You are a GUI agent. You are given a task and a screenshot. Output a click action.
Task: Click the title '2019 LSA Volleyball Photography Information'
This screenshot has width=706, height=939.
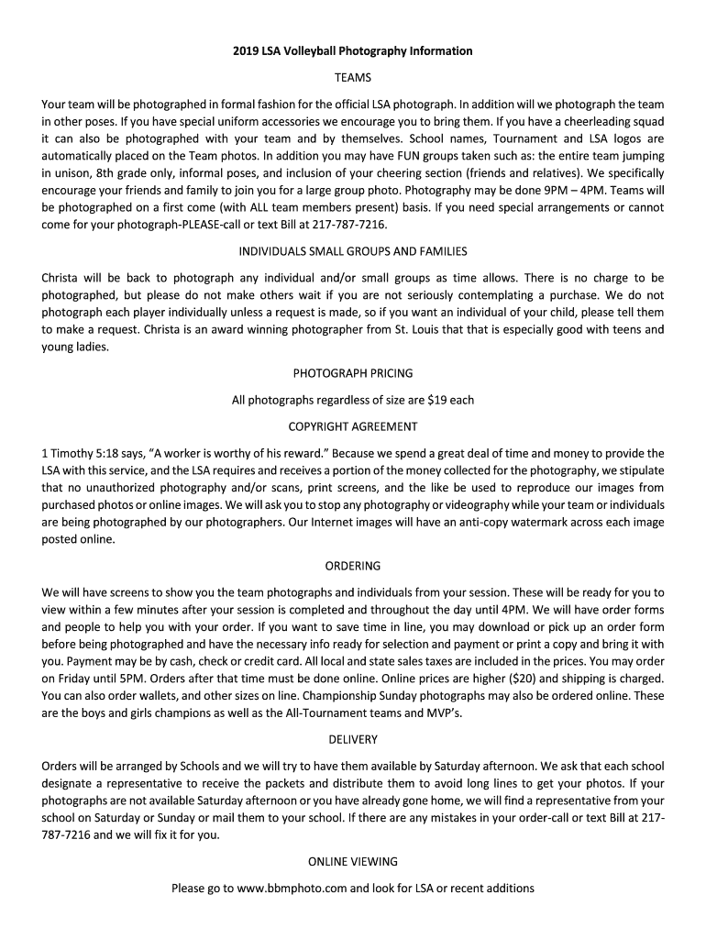353,51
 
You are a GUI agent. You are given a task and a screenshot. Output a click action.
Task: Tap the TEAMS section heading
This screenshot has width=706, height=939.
353,78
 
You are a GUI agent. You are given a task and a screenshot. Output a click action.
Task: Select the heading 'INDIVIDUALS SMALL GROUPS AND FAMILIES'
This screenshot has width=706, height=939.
353,251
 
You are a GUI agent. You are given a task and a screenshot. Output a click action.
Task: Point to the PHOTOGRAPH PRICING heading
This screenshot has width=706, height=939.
353,373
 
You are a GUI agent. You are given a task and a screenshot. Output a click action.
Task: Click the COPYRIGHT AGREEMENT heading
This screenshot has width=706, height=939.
353,426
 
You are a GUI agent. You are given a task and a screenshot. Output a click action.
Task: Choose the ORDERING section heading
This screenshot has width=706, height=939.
353,566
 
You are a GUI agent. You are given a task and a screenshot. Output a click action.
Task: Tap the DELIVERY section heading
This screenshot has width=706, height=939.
353,739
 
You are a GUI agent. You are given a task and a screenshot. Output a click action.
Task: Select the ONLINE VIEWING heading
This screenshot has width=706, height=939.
353,862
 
